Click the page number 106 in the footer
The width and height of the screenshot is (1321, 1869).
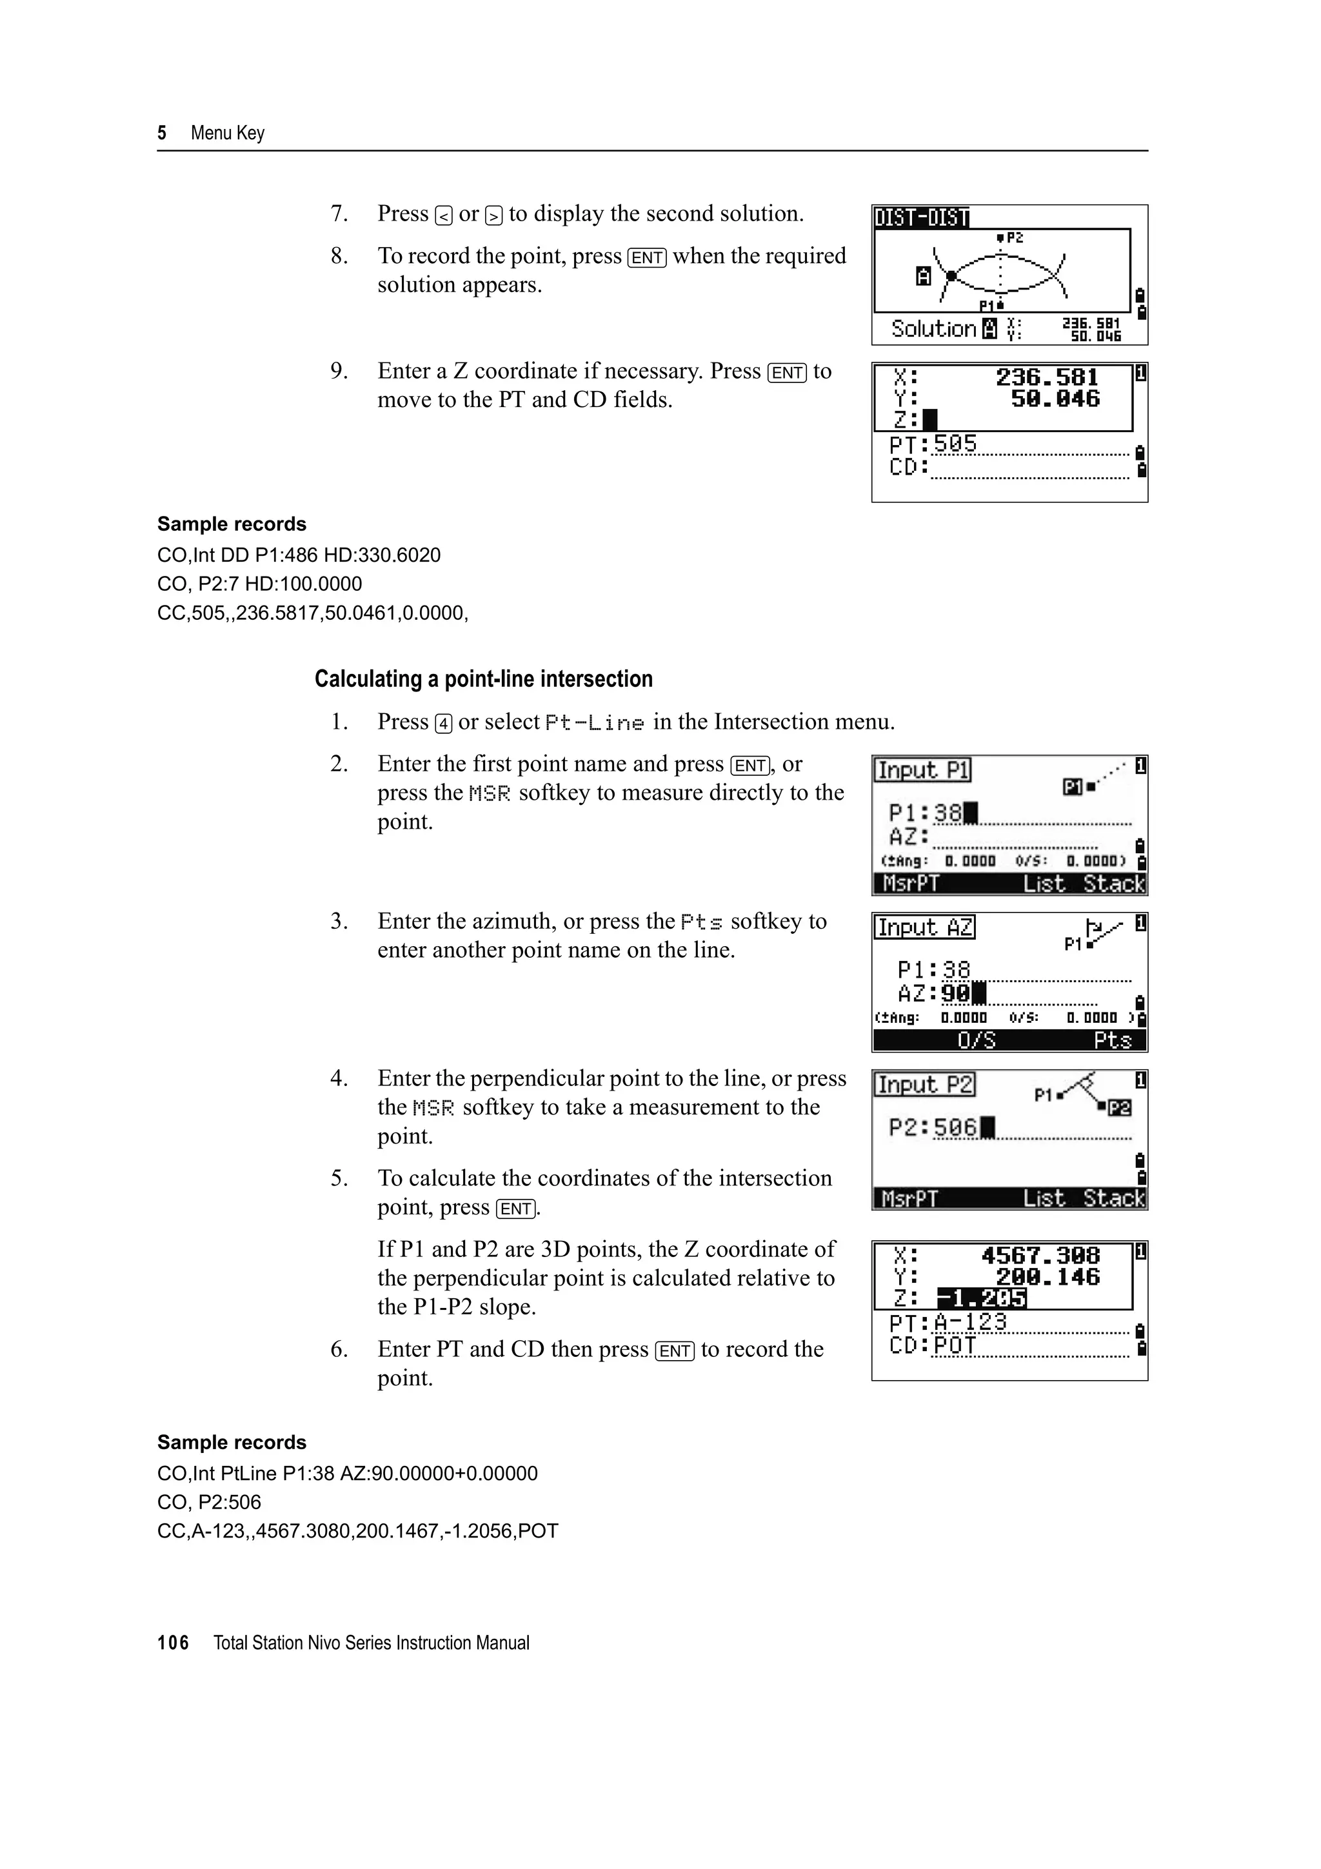click(173, 1643)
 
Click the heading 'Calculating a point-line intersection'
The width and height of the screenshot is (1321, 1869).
click(484, 679)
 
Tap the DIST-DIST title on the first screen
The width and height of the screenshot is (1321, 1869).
click(921, 218)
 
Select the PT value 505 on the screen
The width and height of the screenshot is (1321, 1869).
click(955, 444)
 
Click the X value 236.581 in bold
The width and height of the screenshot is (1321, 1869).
click(1047, 378)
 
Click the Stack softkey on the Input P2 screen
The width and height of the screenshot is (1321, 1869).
click(1113, 1198)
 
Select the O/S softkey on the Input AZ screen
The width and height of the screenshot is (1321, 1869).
click(976, 1041)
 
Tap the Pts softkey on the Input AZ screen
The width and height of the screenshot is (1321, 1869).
click(1112, 1041)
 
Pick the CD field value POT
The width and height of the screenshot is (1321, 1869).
click(955, 1345)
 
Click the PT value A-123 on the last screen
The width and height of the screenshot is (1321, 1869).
click(970, 1322)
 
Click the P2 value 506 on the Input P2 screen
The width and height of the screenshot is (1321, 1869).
click(955, 1127)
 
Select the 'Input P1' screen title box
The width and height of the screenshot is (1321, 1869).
click(923, 770)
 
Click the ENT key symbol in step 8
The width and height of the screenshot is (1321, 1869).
click(647, 258)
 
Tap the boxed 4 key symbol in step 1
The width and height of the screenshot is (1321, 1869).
click(444, 724)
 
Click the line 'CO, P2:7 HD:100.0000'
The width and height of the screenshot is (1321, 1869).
click(260, 584)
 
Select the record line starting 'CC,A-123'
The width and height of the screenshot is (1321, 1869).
click(357, 1531)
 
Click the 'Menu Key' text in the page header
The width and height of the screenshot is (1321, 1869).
click(227, 133)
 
